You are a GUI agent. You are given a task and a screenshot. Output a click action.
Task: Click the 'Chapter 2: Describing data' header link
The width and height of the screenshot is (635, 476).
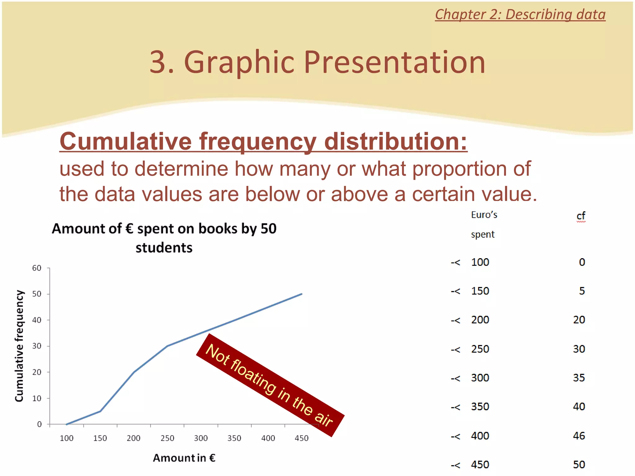[x=520, y=15]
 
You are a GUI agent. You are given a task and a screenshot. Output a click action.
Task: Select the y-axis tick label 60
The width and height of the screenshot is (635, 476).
[x=37, y=268]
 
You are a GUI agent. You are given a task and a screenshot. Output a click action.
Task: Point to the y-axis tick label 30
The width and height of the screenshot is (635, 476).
[x=37, y=346]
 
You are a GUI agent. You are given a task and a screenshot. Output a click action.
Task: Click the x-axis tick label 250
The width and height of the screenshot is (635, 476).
[x=167, y=438]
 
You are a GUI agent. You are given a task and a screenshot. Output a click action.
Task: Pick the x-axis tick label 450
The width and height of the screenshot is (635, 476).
[x=301, y=438]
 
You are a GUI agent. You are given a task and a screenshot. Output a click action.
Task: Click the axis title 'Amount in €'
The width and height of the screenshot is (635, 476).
[x=184, y=458]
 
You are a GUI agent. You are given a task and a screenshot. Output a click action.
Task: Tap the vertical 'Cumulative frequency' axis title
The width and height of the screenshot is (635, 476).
[x=19, y=346]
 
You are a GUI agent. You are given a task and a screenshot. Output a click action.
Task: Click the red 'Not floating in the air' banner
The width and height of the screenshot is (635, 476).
[x=270, y=385]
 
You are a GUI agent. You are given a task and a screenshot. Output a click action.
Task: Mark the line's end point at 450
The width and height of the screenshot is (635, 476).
[x=302, y=294]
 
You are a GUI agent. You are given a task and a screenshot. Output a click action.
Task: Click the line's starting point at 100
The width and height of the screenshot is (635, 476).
[x=67, y=424]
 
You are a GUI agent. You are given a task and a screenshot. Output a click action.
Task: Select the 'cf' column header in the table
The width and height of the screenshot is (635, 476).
[x=581, y=216]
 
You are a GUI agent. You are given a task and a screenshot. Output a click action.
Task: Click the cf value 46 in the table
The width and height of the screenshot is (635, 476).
[x=579, y=436]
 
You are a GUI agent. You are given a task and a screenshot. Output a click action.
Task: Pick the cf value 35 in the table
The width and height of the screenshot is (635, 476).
[x=579, y=378]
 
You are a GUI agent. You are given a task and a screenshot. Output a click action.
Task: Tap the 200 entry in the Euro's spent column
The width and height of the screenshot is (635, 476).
[x=480, y=320]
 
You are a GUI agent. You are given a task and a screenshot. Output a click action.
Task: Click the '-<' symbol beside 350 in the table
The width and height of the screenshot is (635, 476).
[x=455, y=407]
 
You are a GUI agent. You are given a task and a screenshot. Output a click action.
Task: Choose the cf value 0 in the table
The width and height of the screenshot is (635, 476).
[x=582, y=262]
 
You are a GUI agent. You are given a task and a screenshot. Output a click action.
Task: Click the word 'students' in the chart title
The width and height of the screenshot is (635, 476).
[x=164, y=248]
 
